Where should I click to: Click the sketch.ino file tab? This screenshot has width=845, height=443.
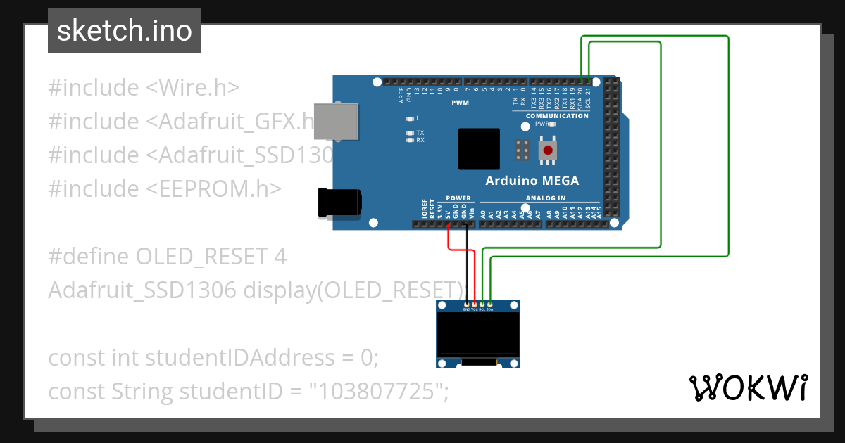click(x=125, y=31)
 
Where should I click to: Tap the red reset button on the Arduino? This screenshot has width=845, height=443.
click(x=548, y=150)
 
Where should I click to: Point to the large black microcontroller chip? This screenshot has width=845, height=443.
click(x=479, y=149)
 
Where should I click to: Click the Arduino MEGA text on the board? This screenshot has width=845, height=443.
click(x=532, y=181)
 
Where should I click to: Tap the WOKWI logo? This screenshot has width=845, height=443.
click(x=748, y=387)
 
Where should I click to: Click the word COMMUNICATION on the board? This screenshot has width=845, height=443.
click(x=557, y=116)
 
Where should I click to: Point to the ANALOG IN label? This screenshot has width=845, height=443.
click(x=546, y=198)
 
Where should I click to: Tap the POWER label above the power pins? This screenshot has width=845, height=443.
click(x=458, y=198)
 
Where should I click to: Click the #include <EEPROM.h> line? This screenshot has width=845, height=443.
click(x=165, y=189)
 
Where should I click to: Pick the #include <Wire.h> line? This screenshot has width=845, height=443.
click(x=144, y=88)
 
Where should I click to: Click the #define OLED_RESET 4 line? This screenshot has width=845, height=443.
click(x=168, y=257)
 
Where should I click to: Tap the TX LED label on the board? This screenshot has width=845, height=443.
click(x=420, y=133)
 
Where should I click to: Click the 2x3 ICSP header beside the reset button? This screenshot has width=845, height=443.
click(x=522, y=150)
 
